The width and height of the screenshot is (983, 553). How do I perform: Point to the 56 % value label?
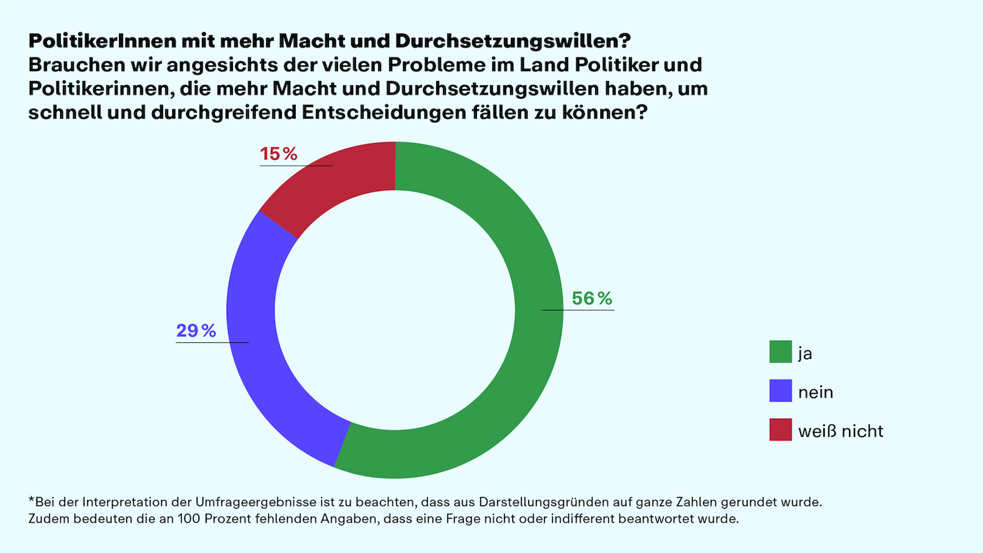click(x=592, y=299)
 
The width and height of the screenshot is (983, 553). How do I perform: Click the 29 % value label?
click(x=196, y=331)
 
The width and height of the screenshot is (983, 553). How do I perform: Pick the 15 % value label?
click(x=279, y=154)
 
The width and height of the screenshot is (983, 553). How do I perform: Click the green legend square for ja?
click(x=780, y=352)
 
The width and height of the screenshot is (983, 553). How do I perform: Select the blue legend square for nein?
click(x=780, y=391)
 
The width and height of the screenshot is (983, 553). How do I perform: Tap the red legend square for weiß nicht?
click(x=780, y=430)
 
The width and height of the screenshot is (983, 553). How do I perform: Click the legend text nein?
click(x=816, y=392)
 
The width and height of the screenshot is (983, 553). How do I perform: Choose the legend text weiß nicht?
click(x=841, y=431)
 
